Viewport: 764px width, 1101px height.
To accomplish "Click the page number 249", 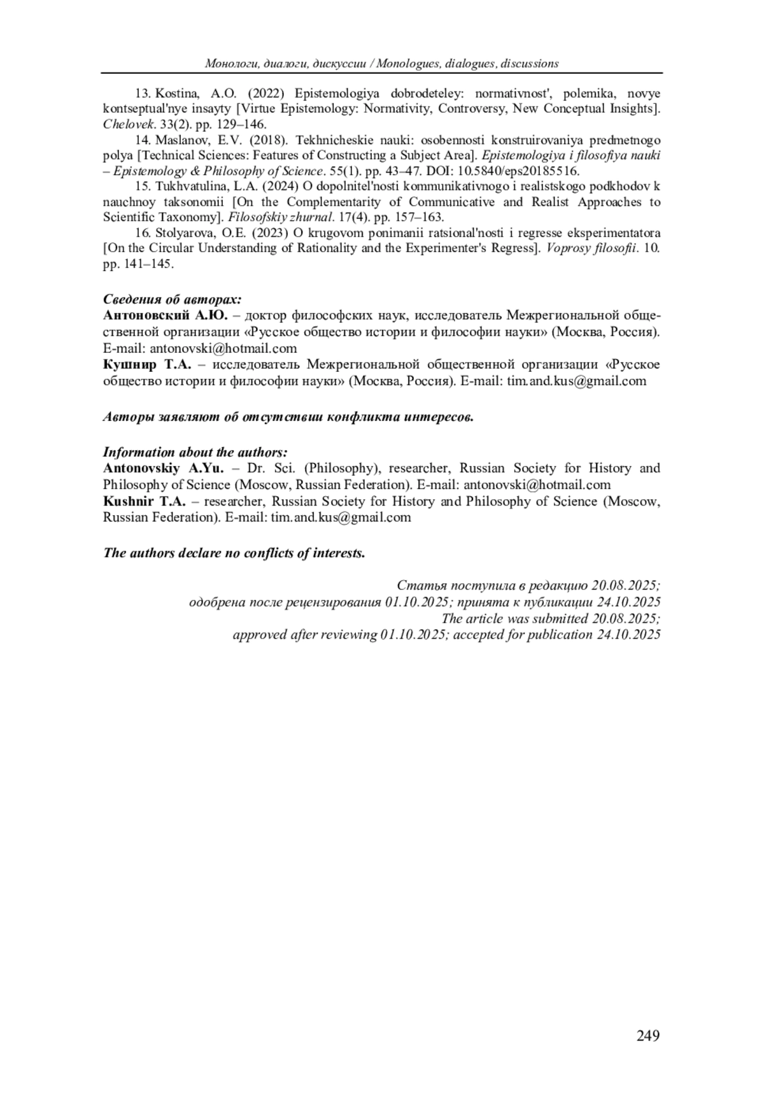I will [x=647, y=1036].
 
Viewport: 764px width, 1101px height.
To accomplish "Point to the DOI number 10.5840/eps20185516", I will [x=527, y=171].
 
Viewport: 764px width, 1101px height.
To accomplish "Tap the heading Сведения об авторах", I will [x=172, y=299].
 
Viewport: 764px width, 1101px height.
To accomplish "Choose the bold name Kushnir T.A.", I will [x=145, y=501].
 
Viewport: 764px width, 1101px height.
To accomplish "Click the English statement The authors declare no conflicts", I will [x=234, y=553].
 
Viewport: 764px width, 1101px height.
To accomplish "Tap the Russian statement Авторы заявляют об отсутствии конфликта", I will [x=288, y=418].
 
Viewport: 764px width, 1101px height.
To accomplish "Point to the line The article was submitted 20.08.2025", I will [x=551, y=618].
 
